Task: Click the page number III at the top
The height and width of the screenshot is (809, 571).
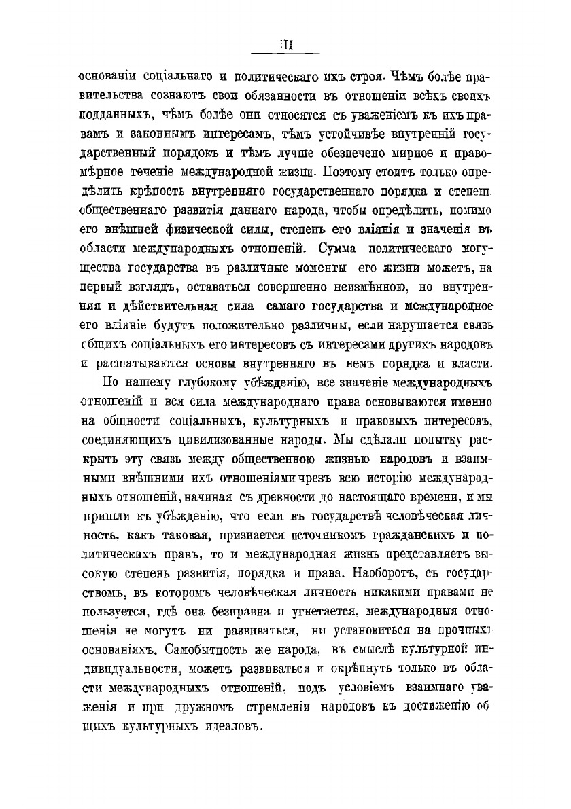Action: [285, 46]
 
